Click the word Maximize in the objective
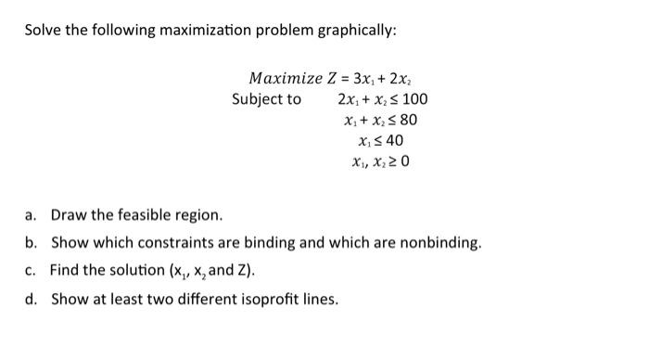(x=284, y=77)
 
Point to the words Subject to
(x=266, y=98)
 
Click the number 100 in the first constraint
(x=414, y=98)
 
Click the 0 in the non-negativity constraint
(x=404, y=162)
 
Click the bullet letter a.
(x=30, y=216)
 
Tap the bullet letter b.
(x=30, y=243)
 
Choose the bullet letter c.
(x=30, y=271)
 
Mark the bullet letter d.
(x=30, y=299)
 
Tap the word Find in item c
(x=66, y=271)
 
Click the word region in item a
(x=198, y=216)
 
